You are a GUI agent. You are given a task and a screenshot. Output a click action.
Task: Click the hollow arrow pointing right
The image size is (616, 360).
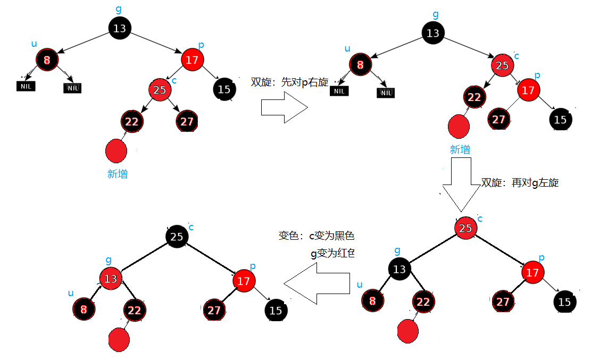click(284, 107)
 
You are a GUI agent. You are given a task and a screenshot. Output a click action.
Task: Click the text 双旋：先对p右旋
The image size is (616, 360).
click(289, 82)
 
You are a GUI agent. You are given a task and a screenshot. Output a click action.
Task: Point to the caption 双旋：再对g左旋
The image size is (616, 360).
click(519, 182)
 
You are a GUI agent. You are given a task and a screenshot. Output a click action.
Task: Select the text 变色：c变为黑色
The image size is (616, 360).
click(316, 236)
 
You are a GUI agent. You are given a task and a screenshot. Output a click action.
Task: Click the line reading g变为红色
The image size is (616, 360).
click(332, 254)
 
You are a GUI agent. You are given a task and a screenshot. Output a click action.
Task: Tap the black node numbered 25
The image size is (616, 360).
click(177, 237)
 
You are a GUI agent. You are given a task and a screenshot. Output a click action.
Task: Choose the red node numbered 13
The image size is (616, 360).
click(111, 278)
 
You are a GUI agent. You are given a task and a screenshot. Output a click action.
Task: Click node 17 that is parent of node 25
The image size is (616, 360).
click(192, 60)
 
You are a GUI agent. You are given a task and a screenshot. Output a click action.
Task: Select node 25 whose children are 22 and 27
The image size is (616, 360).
click(160, 90)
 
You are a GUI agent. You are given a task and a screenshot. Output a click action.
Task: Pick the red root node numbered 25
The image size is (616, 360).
click(465, 228)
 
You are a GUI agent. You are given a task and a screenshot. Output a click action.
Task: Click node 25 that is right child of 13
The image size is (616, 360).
click(502, 66)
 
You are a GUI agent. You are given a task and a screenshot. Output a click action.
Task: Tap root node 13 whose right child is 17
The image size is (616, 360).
click(120, 28)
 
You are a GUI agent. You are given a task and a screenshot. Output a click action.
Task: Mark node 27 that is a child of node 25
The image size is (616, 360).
click(187, 122)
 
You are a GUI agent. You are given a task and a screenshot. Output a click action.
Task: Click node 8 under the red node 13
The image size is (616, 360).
click(84, 309)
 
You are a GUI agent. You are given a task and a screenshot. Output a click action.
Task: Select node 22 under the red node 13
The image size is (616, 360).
click(135, 310)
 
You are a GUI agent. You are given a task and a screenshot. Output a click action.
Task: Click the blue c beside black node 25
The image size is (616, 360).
click(191, 228)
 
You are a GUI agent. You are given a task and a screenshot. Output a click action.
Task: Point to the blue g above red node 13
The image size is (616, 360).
click(109, 260)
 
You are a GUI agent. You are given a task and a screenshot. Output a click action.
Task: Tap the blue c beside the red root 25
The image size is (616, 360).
click(480, 219)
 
